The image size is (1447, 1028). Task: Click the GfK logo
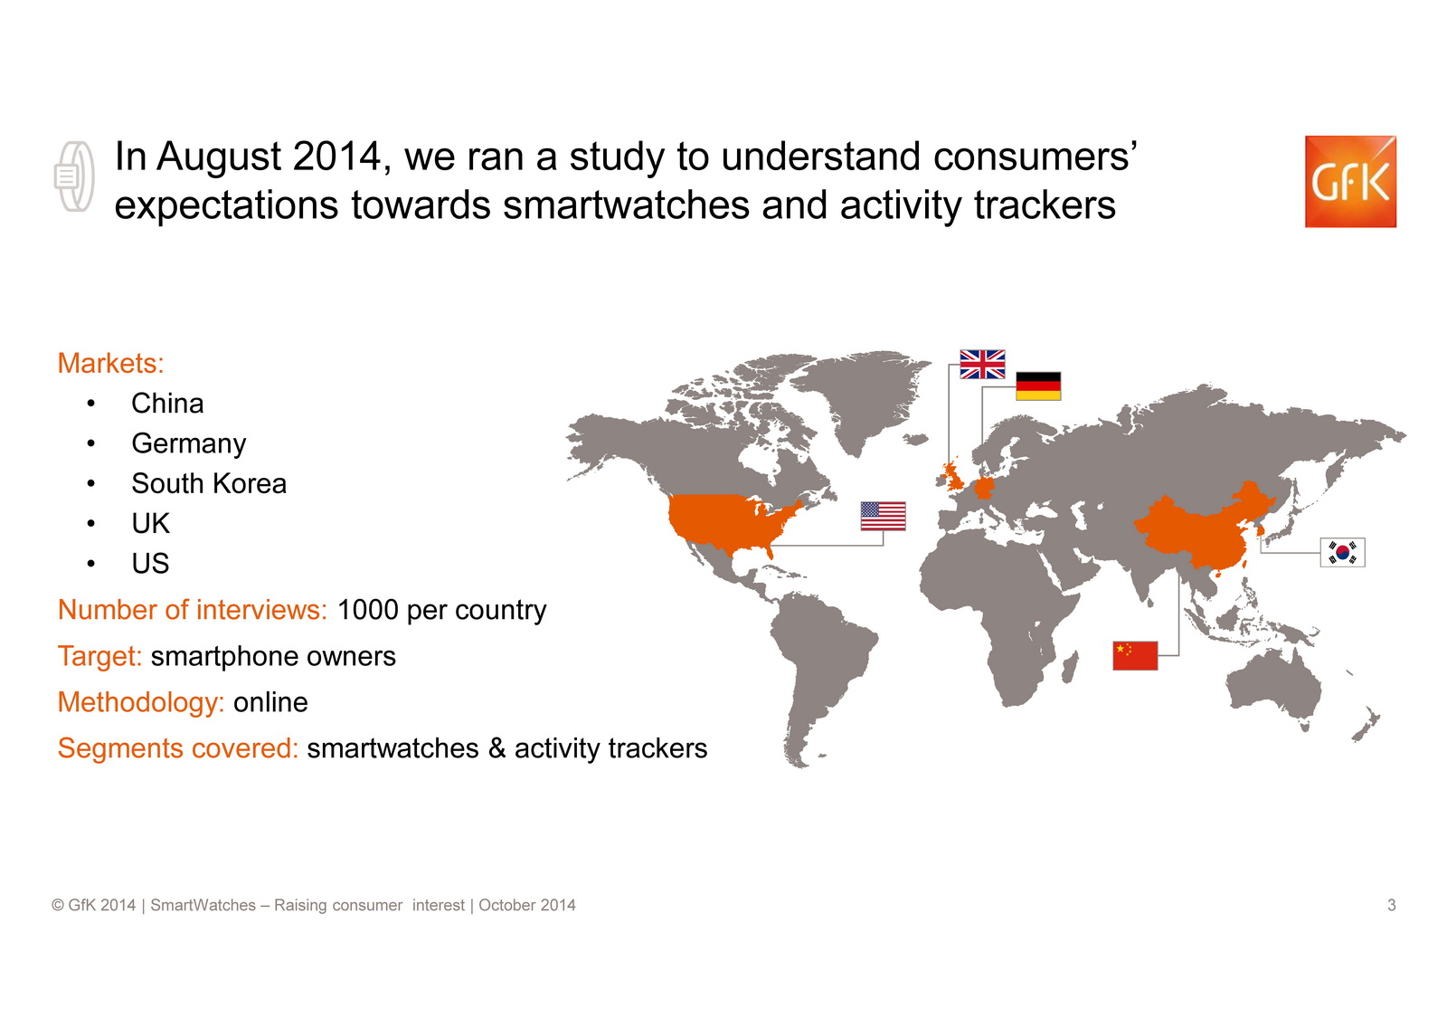pyautogui.click(x=1350, y=182)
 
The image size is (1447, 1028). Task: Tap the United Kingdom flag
pyautogui.click(x=982, y=364)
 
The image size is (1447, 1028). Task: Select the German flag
pyautogui.click(x=1038, y=386)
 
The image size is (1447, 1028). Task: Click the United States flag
pyautogui.click(x=883, y=516)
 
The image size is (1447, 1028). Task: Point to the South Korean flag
pyautogui.click(x=1342, y=553)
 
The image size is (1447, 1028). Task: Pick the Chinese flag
pyautogui.click(x=1135, y=655)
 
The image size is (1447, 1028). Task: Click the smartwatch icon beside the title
pyautogui.click(x=74, y=176)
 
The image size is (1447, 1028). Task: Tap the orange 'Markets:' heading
pyautogui.click(x=111, y=364)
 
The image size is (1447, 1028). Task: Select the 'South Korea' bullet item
pyautogui.click(x=209, y=483)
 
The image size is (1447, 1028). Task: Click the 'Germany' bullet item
pyautogui.click(x=189, y=444)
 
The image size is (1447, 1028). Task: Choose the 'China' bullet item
pyautogui.click(x=167, y=404)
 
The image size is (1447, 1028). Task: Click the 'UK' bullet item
pyautogui.click(x=150, y=524)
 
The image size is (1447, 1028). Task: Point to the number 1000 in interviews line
pyautogui.click(x=367, y=610)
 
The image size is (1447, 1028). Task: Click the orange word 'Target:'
pyautogui.click(x=99, y=656)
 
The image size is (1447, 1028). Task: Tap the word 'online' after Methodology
pyautogui.click(x=270, y=702)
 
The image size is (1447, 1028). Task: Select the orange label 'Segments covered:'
pyautogui.click(x=178, y=748)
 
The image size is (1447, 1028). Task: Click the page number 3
pyautogui.click(x=1392, y=905)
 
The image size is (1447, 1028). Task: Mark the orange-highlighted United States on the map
pyautogui.click(x=723, y=520)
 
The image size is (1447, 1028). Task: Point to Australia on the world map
pyautogui.click(x=1272, y=685)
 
